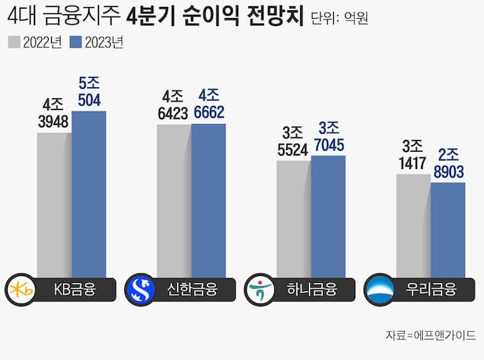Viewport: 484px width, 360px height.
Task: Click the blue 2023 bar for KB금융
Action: pyautogui.click(x=89, y=193)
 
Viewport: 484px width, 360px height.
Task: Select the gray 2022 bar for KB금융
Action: pyautogui.click(x=54, y=204)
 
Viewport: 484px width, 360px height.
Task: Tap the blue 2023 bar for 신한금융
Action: pyautogui.click(x=208, y=199)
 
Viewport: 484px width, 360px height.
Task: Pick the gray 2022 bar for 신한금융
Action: pyautogui.click(x=174, y=200)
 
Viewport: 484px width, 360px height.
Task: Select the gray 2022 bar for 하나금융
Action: pyautogui.click(x=294, y=218)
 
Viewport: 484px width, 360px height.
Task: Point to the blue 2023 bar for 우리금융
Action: pyautogui.click(x=448, y=229)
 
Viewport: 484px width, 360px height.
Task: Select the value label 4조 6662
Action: pyautogui.click(x=208, y=103)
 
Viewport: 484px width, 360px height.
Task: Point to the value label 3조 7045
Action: pyautogui.click(x=328, y=134)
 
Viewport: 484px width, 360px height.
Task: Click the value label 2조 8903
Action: pyautogui.click(x=448, y=161)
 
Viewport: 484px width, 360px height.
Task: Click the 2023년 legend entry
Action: pyautogui.click(x=97, y=42)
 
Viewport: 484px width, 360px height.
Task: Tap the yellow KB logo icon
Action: pyautogui.click(x=19, y=289)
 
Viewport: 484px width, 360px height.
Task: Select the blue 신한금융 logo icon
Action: pyautogui.click(x=140, y=289)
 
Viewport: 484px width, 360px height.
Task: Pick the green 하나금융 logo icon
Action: pyautogui.click(x=259, y=289)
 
